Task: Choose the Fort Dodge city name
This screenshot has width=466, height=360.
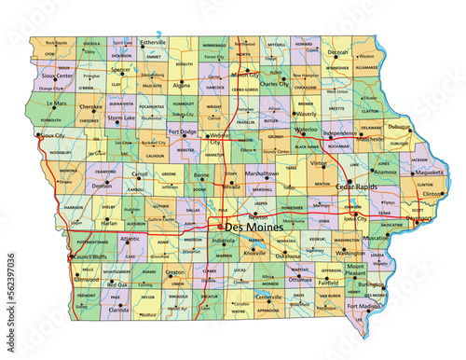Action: click(183, 132)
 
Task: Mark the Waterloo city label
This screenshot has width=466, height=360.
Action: click(306, 131)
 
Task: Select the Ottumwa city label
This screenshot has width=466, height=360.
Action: click(300, 279)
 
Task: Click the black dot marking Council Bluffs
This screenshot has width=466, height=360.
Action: click(71, 256)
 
